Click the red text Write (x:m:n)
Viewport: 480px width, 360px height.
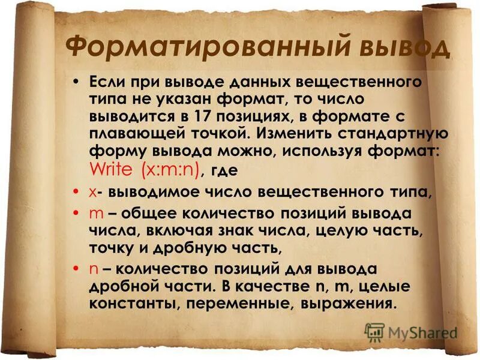click(143, 169)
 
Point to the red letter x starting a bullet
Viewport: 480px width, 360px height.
click(91, 192)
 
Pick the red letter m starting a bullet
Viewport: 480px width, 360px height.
click(94, 215)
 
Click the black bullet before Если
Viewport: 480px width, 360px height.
click(76, 81)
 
